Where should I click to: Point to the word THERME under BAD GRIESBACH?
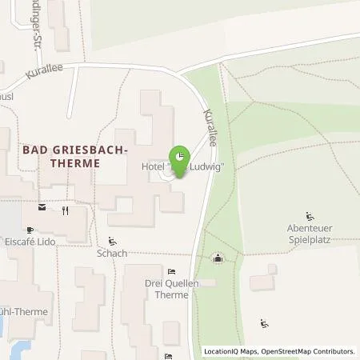click(74, 162)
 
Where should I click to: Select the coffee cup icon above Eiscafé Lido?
click(42, 211)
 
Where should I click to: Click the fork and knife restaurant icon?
click(65, 211)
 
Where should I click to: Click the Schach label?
click(112, 254)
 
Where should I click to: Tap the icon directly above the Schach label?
click(112, 241)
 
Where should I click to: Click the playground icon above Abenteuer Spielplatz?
click(310, 215)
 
